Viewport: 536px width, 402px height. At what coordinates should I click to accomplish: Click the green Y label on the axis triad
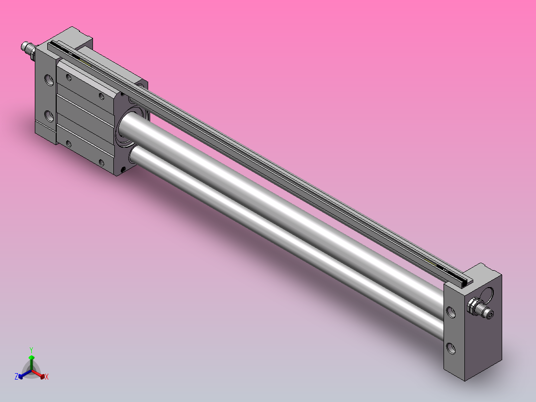point(31,349)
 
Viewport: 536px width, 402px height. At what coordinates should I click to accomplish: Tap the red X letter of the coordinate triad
point(47,377)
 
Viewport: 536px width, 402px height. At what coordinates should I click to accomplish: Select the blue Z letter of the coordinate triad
point(16,377)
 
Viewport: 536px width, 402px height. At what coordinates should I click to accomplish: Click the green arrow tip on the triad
point(31,357)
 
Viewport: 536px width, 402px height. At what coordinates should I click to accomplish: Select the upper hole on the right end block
point(451,312)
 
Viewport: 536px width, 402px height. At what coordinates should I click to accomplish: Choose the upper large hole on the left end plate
point(49,80)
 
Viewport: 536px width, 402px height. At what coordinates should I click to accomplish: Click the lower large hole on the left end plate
point(49,116)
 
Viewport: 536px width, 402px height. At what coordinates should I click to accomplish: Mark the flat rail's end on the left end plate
point(55,46)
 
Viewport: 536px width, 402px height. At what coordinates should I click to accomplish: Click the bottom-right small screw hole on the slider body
point(102,162)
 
